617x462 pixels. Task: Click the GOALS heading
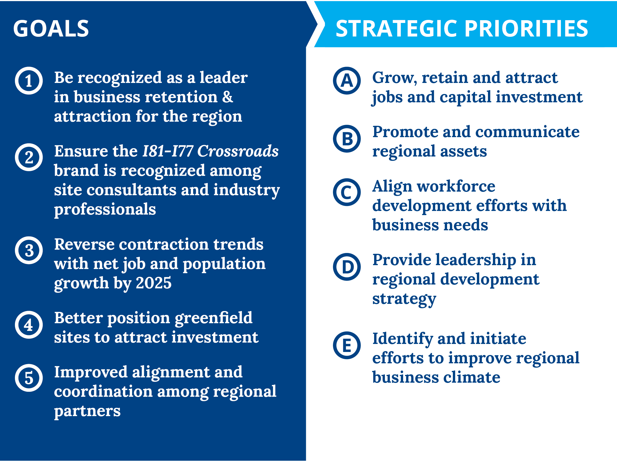coord(51,28)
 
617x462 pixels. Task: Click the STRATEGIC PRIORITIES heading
coord(462,28)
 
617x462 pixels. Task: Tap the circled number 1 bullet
coord(29,81)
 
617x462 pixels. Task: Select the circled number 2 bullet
coord(29,157)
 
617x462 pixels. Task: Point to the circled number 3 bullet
coord(29,250)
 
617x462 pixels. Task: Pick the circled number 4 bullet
coord(29,325)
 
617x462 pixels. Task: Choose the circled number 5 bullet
coord(29,378)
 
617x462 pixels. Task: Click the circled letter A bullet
coord(347,81)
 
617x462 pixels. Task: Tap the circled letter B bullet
coord(347,139)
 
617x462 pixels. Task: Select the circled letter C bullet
coord(347,192)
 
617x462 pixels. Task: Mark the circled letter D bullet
coord(347,267)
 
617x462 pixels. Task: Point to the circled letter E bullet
coord(347,345)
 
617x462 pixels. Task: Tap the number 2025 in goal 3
coord(154,283)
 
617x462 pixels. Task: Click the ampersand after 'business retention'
coord(228,97)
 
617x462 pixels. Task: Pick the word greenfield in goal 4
coord(214,319)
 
